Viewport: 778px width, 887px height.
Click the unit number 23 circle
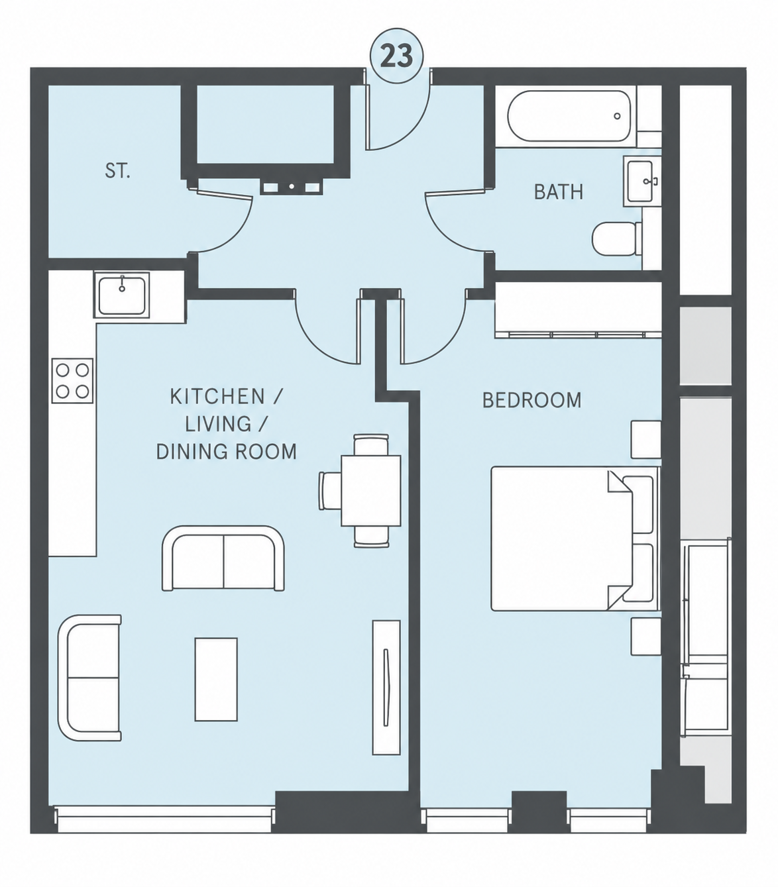(397, 56)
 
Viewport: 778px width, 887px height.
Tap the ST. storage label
(117, 170)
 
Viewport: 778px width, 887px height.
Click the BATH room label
(559, 192)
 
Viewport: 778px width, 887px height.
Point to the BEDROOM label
(531, 400)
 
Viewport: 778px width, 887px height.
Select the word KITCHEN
(217, 397)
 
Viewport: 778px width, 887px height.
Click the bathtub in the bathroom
(569, 116)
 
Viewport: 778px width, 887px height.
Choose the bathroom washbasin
(640, 182)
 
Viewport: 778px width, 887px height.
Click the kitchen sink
(122, 295)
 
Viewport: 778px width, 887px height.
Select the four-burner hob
(72, 380)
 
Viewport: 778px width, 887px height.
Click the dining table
(371, 490)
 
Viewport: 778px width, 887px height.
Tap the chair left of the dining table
(330, 491)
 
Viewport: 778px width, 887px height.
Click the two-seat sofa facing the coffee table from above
(223, 558)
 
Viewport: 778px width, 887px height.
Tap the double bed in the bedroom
(575, 539)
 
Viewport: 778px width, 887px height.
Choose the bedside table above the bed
(645, 440)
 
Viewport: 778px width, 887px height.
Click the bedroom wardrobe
(578, 310)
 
